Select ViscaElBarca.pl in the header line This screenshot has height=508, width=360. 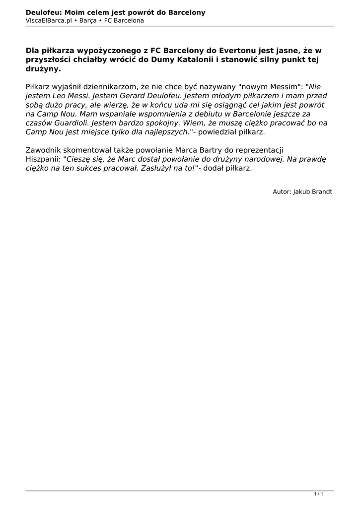tap(49, 20)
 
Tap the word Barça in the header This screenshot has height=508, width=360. tap(87, 20)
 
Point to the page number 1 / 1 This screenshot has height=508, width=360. tap(319, 494)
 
